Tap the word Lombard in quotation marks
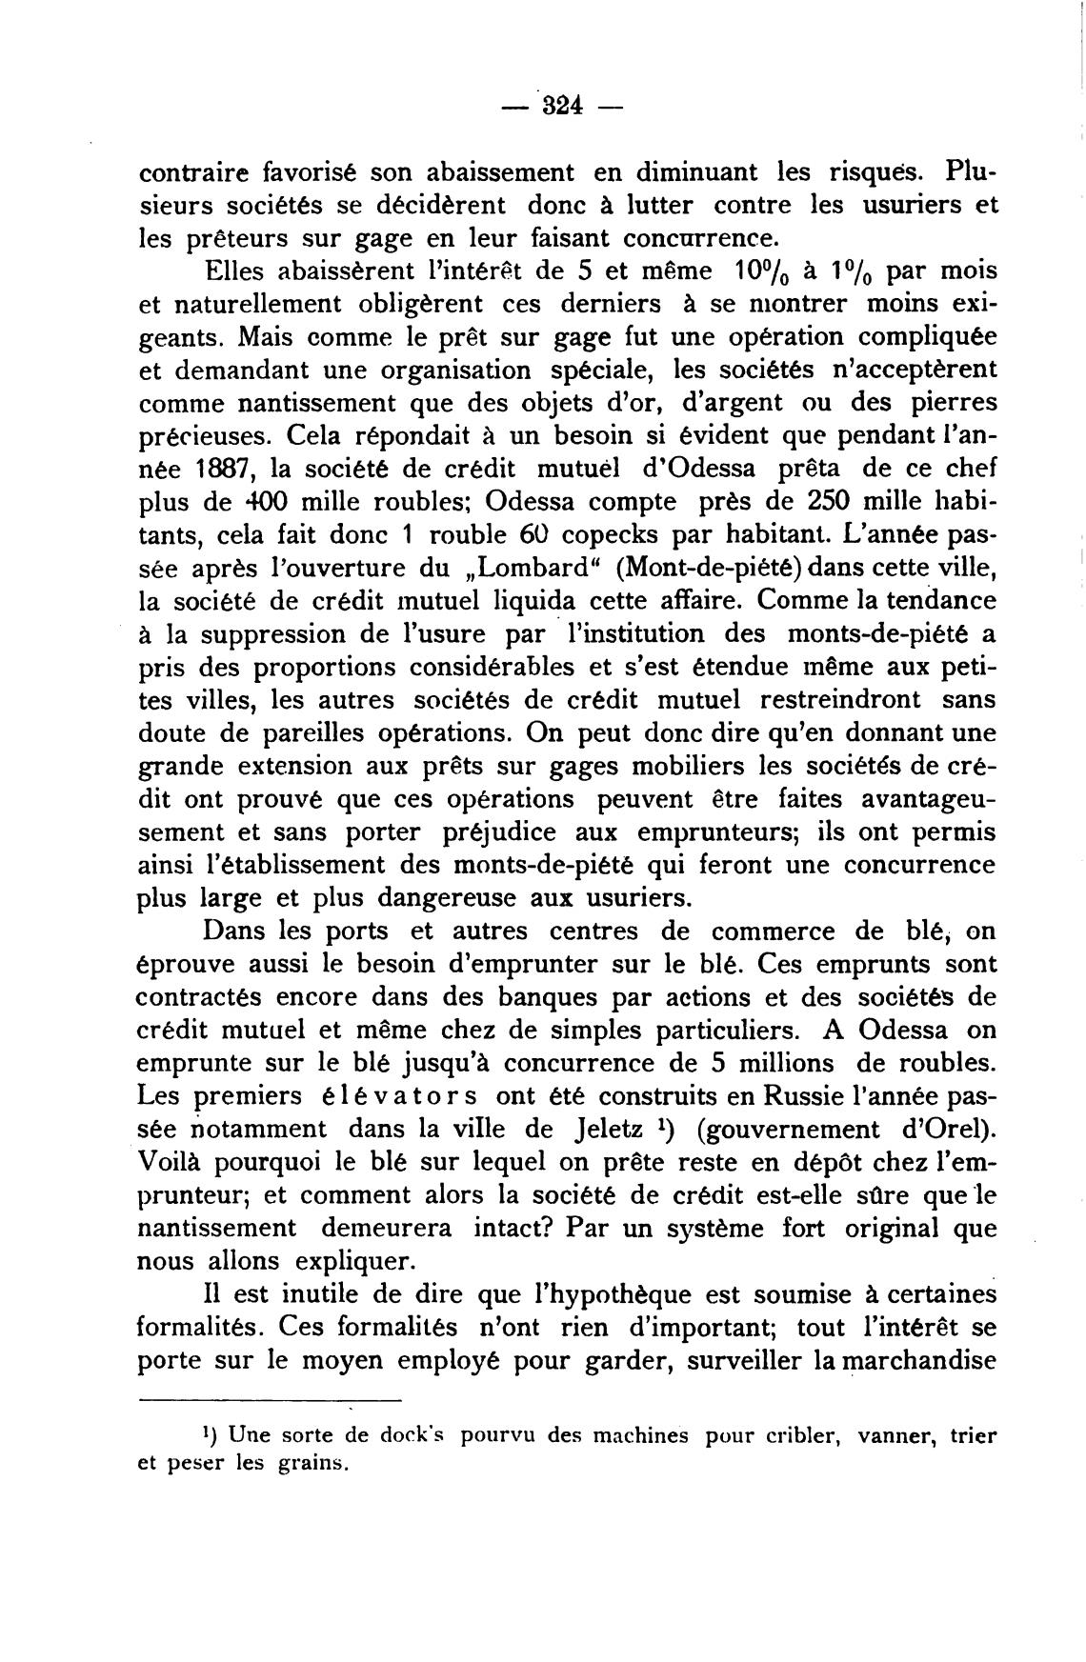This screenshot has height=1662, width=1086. click(x=509, y=570)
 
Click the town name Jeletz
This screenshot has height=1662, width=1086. click(x=607, y=1130)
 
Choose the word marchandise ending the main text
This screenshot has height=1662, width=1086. click(x=916, y=1361)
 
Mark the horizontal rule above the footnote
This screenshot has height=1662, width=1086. click(x=271, y=1400)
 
